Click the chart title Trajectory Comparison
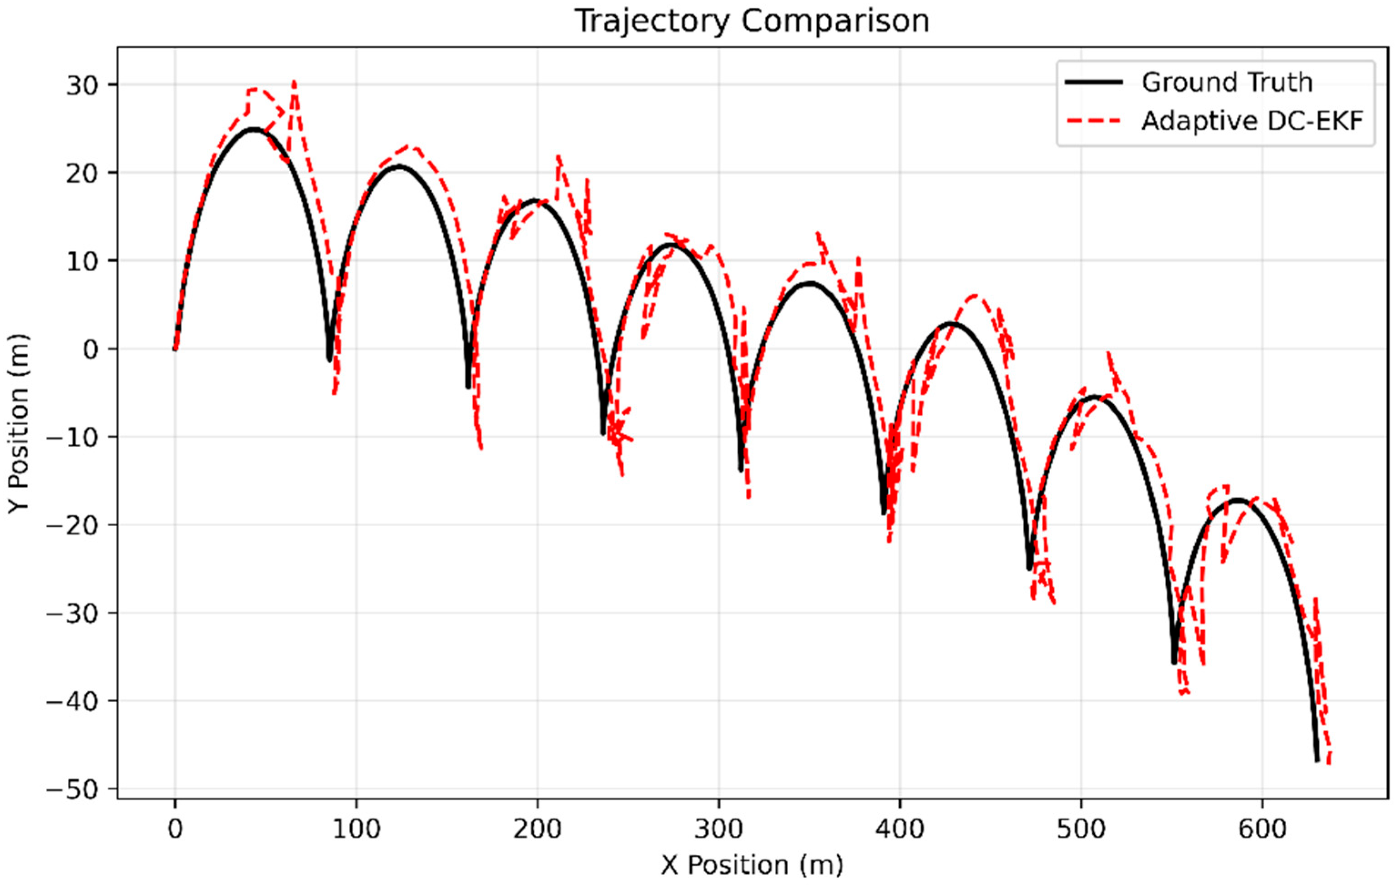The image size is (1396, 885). pyautogui.click(x=752, y=21)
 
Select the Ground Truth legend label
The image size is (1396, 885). pyautogui.click(x=1227, y=82)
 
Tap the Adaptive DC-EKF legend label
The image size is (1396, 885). pyautogui.click(x=1252, y=121)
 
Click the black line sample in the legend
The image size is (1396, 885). pyautogui.click(x=1093, y=82)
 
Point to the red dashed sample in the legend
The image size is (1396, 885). pyautogui.click(x=1093, y=121)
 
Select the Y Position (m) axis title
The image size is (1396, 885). pyautogui.click(x=19, y=423)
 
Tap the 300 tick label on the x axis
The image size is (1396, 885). pyautogui.click(x=718, y=829)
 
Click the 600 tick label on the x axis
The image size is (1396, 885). pyautogui.click(x=1262, y=829)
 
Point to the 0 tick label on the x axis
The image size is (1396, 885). pyautogui.click(x=175, y=829)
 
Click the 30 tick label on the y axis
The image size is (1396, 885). pyautogui.click(x=82, y=85)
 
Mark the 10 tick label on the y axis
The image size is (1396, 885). pyautogui.click(x=82, y=261)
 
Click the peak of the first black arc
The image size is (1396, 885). pyautogui.click(x=253, y=129)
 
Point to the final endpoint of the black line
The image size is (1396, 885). pyautogui.click(x=1318, y=760)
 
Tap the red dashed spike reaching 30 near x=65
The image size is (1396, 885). pyautogui.click(x=294, y=83)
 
